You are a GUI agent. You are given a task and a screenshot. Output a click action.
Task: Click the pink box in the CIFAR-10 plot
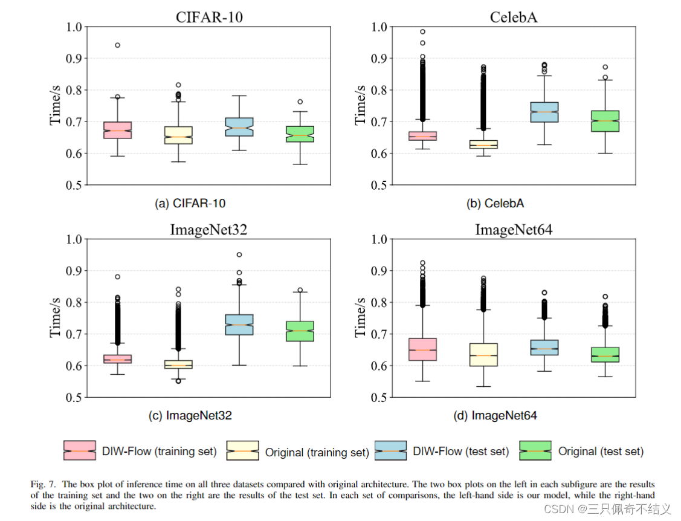click(117, 130)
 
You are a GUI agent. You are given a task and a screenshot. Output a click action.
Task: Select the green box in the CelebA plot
click(604, 121)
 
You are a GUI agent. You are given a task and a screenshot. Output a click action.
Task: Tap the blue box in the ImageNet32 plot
click(239, 325)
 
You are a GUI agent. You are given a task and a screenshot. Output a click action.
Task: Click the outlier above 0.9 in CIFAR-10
click(117, 45)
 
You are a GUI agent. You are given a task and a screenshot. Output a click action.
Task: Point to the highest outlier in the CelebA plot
click(422, 31)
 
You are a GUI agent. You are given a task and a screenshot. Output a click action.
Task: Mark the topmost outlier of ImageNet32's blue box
click(239, 255)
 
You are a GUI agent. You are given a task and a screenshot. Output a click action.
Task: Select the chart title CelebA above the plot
click(513, 17)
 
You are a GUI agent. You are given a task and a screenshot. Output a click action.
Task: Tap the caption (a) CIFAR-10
click(190, 204)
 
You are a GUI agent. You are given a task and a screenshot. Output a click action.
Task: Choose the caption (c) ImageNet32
click(190, 416)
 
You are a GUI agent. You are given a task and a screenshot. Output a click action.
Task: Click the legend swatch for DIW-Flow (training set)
click(79, 450)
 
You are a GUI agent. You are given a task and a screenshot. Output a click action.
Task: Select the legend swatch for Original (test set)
click(535, 450)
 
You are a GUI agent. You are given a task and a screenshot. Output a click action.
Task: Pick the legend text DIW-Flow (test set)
click(460, 451)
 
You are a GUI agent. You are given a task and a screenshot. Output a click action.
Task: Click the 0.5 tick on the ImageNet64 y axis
click(379, 398)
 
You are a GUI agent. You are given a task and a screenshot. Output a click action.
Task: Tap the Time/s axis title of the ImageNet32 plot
click(56, 318)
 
